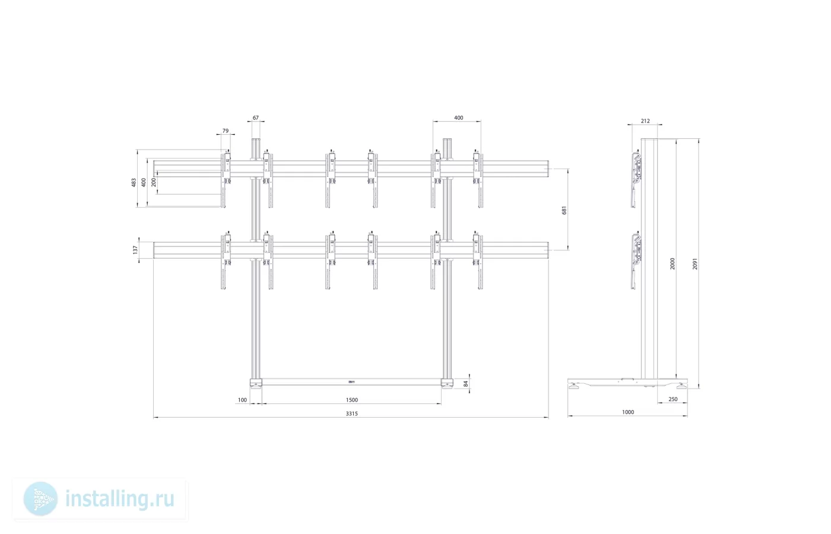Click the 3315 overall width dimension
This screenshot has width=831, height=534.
pyautogui.click(x=351, y=414)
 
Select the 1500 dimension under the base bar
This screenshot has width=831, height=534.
pyautogui.click(x=351, y=400)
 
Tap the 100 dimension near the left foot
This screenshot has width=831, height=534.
pyautogui.click(x=242, y=400)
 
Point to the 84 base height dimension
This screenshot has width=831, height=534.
pyautogui.click(x=466, y=383)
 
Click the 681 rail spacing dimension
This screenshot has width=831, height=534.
pyautogui.click(x=564, y=210)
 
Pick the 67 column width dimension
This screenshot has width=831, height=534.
pyautogui.click(x=256, y=117)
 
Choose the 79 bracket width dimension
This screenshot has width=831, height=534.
pyautogui.click(x=226, y=131)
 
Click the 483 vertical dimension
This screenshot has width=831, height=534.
pyautogui.click(x=134, y=182)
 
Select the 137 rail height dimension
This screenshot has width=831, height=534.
pyautogui.click(x=135, y=250)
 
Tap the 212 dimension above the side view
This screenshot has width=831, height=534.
pyautogui.click(x=645, y=121)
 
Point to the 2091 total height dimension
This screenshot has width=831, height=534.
pyautogui.click(x=695, y=263)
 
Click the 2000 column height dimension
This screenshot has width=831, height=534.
pyautogui.click(x=672, y=263)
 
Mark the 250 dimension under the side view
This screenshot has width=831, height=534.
pyautogui.click(x=673, y=399)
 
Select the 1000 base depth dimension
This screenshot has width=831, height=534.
pyautogui.click(x=628, y=412)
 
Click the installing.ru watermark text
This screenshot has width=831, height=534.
pyautogui.click(x=120, y=499)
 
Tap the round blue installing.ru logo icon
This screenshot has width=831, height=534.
pyautogui.click(x=40, y=499)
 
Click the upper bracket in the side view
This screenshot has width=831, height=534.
pyautogui.click(x=636, y=179)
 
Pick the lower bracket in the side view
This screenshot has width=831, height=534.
pyautogui.click(x=636, y=260)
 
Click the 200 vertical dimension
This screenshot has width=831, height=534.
pyautogui.click(x=154, y=182)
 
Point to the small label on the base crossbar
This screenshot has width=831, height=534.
pyautogui.click(x=351, y=382)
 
